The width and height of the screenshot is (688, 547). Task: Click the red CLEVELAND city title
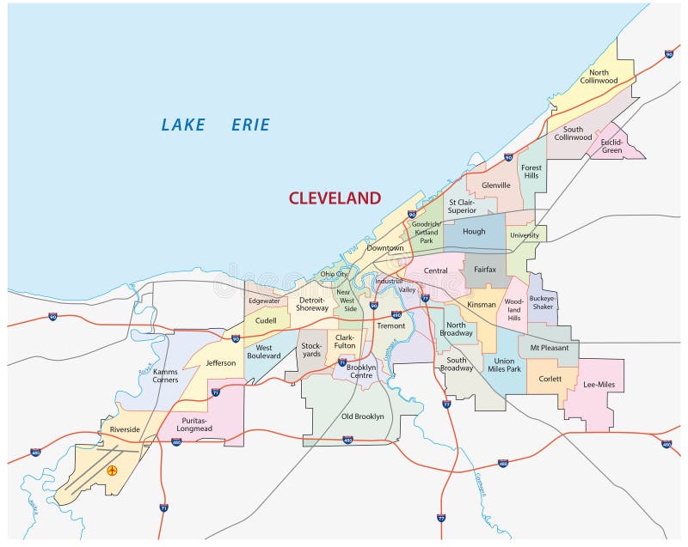(335, 198)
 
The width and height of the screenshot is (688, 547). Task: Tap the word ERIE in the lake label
(250, 125)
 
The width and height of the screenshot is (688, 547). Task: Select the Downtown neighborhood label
(384, 248)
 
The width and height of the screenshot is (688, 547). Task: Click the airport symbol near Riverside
(112, 471)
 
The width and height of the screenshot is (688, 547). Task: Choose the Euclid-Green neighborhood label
(611, 146)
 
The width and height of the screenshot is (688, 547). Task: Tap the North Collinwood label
(593, 76)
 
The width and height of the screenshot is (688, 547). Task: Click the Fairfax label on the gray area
(485, 270)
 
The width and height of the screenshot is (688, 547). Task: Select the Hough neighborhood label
(474, 232)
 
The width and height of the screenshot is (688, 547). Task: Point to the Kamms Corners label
(165, 375)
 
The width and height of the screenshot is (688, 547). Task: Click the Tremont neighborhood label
(390, 326)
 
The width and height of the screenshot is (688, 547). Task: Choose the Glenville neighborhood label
(495, 185)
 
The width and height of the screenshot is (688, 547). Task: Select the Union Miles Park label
(504, 365)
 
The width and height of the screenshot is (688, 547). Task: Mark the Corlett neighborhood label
(550, 379)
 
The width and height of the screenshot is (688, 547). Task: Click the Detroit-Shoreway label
(312, 303)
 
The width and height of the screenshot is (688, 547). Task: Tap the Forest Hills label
(531, 172)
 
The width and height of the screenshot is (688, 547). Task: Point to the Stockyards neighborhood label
(311, 349)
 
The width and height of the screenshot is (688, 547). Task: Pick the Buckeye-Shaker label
(543, 302)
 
